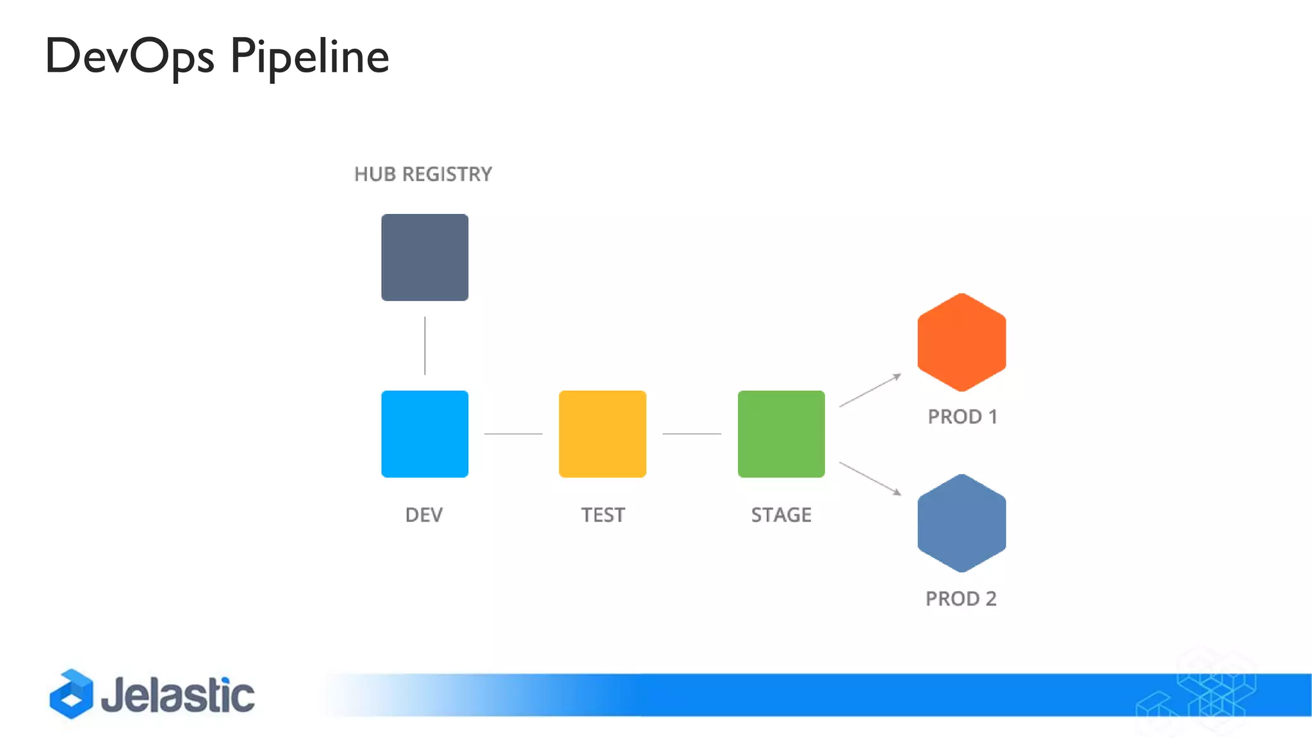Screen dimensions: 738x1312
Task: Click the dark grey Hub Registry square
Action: pos(425,258)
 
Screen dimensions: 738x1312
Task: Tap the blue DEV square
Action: pos(425,434)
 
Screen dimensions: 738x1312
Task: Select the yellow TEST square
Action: pos(602,434)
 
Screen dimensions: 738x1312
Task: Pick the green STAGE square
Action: pos(781,434)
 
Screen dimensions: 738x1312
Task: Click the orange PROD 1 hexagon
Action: pos(961,342)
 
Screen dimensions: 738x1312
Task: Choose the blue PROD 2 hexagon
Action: pos(961,523)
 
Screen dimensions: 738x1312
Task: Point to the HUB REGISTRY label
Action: pos(423,174)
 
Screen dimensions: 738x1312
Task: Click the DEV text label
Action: pos(423,515)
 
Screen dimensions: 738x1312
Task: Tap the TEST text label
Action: pos(602,515)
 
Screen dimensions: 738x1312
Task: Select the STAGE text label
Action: pos(781,515)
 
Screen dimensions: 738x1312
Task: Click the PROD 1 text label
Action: pos(962,417)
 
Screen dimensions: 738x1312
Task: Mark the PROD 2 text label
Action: pos(961,599)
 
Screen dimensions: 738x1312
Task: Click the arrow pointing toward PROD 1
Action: pos(870,390)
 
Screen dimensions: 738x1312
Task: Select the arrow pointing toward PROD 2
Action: pos(870,479)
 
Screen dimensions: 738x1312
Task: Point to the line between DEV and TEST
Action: pos(513,434)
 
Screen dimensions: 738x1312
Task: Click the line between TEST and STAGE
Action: pos(692,434)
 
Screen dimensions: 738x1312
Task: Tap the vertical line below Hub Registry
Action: pos(425,345)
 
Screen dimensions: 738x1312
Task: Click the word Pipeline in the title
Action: pos(309,56)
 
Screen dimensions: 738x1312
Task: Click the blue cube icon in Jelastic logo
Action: pos(71,694)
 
